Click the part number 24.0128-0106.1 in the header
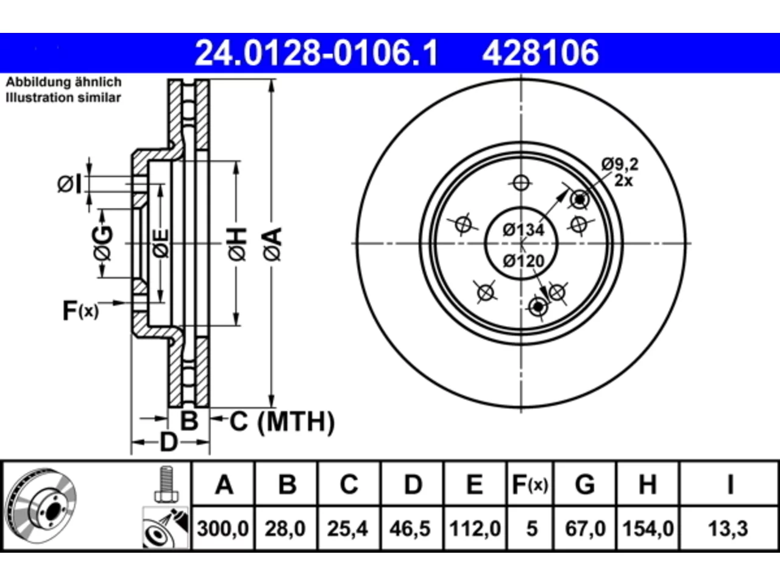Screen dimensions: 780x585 point(316,53)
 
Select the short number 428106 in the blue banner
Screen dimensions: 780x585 point(541,53)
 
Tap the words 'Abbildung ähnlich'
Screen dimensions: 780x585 point(63,82)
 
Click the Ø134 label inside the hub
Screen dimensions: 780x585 point(523,230)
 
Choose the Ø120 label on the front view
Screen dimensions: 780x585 point(523,261)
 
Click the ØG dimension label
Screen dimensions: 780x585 point(102,243)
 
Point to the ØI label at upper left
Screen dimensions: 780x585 point(69,184)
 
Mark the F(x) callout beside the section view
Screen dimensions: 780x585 point(80,311)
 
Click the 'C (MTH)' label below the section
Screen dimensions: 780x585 point(282,422)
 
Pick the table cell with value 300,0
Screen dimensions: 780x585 point(223,529)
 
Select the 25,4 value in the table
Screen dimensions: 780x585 point(347,529)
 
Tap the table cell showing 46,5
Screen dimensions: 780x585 point(410,529)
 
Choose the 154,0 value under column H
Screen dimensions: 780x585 point(648,529)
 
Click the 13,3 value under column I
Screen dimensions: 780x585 point(728,529)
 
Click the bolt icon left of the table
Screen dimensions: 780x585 point(166,484)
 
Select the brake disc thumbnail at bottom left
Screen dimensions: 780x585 point(41,506)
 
